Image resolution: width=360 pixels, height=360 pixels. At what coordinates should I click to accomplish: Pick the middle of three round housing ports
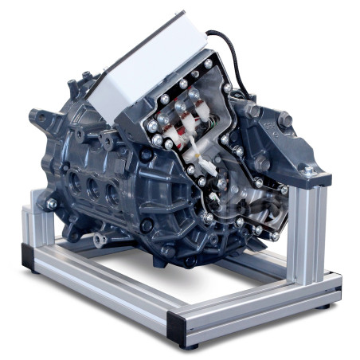point(95,190)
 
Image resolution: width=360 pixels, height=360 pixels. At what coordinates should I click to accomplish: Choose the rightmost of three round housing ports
point(114,196)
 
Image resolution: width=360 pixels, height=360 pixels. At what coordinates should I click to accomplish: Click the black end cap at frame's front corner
point(177,329)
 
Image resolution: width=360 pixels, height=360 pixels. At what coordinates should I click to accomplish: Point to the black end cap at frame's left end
point(30,257)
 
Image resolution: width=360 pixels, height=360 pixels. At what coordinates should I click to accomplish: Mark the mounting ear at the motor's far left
point(37,118)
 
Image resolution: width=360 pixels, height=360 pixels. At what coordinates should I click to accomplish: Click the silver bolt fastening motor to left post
point(52,204)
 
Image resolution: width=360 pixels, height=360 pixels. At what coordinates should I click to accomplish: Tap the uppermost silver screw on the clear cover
point(209,65)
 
